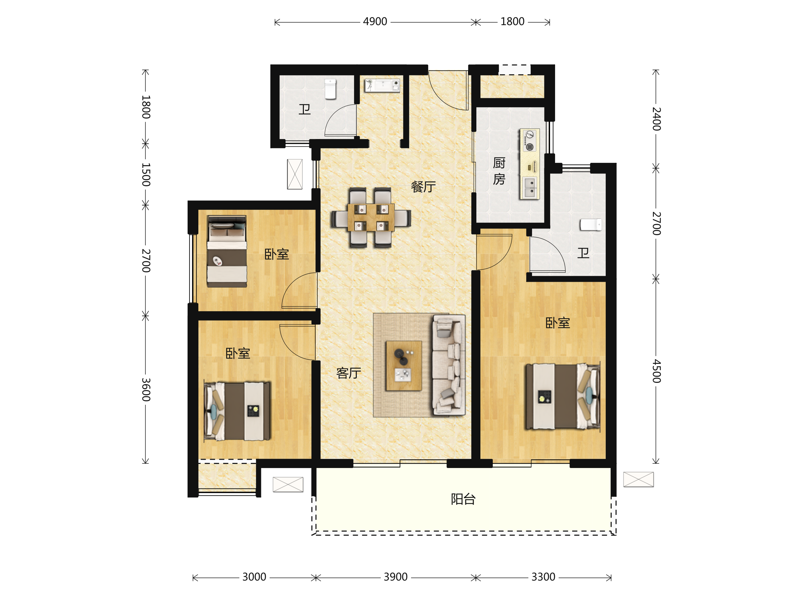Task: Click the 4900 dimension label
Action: (x=375, y=22)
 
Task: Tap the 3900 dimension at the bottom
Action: (x=395, y=577)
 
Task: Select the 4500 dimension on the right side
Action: (x=656, y=371)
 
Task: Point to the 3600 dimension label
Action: (x=146, y=390)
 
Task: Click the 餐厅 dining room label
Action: (x=423, y=187)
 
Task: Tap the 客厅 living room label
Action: (x=349, y=373)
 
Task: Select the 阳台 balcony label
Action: (x=463, y=499)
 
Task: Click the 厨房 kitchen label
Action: (x=499, y=171)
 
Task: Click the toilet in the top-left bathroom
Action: (x=330, y=89)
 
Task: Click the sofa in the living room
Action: (x=449, y=364)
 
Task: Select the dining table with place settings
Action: (x=371, y=217)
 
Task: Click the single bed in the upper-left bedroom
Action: (x=227, y=251)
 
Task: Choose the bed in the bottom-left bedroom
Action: (x=237, y=411)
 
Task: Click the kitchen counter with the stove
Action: (x=530, y=164)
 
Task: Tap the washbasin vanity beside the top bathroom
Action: (x=382, y=85)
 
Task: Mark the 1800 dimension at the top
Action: (x=512, y=22)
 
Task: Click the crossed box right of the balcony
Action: (x=638, y=479)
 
